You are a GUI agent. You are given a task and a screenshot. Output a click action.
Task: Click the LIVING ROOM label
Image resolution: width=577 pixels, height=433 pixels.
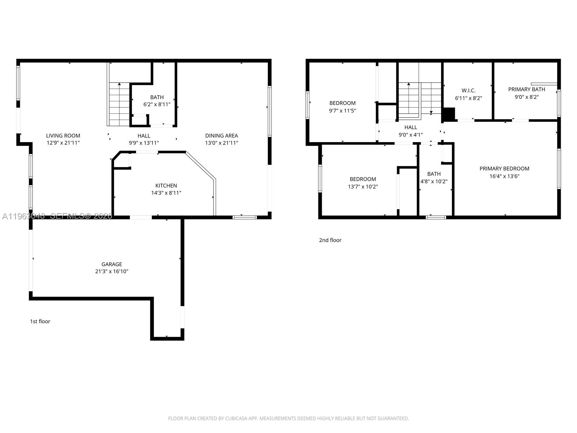[x=63, y=136]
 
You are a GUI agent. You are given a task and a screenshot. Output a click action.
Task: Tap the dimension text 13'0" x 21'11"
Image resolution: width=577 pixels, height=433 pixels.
[x=221, y=143]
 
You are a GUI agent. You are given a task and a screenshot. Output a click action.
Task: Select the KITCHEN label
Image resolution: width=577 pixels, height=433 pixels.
[x=166, y=185]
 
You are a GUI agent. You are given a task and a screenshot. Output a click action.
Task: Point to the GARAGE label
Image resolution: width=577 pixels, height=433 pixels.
[x=111, y=264]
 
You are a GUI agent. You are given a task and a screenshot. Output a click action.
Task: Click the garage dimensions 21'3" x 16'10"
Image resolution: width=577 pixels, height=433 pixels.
[x=111, y=271]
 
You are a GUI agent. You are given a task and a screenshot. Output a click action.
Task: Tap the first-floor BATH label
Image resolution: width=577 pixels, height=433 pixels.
[x=157, y=97]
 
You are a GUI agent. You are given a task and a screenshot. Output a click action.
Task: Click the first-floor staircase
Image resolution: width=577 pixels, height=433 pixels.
[x=119, y=104]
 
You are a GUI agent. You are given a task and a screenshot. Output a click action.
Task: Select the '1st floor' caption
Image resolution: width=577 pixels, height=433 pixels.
[x=40, y=321]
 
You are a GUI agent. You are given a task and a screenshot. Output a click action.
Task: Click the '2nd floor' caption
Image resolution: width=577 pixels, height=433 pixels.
[x=330, y=240]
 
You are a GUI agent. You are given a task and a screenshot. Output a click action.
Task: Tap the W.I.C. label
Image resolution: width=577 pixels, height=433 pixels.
[x=468, y=91]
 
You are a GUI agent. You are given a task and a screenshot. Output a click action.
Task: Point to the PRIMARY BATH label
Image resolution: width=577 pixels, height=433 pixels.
[x=527, y=89]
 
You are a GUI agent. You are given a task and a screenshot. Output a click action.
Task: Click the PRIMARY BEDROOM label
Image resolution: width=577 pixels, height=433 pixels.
[x=504, y=169]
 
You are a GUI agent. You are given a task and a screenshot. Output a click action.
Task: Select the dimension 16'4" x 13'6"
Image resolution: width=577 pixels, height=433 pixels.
[x=504, y=176]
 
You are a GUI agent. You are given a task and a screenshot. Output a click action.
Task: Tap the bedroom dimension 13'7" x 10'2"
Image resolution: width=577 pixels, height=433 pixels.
[x=363, y=187]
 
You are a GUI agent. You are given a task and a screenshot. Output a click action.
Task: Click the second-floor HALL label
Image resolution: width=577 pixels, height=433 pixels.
[x=410, y=127]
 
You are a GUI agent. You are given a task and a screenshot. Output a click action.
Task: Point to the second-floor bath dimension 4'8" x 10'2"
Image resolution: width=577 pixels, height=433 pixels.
[x=434, y=181]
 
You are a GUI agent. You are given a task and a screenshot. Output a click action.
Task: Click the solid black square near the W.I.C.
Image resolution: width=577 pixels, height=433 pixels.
[x=448, y=114]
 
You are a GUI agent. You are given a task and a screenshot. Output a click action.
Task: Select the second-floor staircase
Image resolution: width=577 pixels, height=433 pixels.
[x=420, y=99]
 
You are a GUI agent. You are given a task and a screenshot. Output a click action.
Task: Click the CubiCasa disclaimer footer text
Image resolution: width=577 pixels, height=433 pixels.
[x=288, y=419]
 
